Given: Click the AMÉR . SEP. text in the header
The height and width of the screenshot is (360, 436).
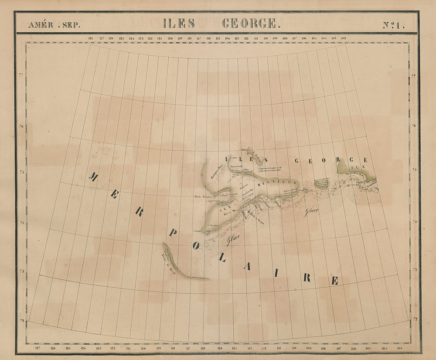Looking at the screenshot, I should (x=54, y=25).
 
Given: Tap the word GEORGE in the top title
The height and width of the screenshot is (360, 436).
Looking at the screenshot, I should (x=249, y=24).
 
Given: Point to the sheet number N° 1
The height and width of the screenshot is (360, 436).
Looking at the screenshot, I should (x=393, y=25).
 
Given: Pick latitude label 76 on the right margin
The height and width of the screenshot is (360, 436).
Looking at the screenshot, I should (x=413, y=126).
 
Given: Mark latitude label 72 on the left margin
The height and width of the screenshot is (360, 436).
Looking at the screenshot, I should (x=22, y=321).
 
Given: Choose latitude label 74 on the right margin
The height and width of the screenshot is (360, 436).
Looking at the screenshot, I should (x=414, y=222).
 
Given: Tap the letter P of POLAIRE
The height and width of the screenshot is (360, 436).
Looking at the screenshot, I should (x=173, y=234).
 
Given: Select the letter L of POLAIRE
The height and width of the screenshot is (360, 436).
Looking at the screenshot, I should (x=222, y=259).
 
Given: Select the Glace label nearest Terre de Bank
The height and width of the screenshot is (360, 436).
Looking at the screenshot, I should (x=234, y=239).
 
